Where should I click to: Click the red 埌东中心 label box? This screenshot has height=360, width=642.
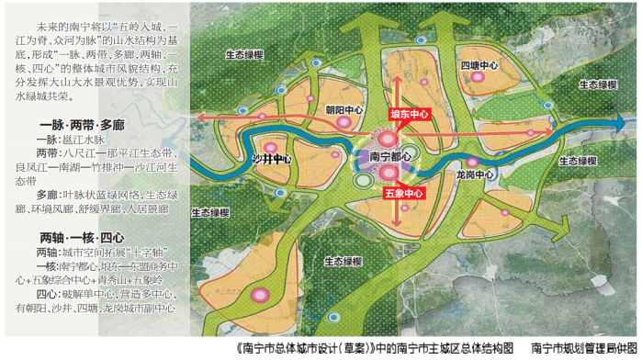pyautogui.click(x=410, y=115)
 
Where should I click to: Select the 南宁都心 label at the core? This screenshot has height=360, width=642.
pyautogui.click(x=389, y=157)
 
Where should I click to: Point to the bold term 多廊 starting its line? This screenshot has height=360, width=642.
pyautogui.click(x=48, y=195)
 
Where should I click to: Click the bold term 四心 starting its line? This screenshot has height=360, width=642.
pyautogui.click(x=48, y=295)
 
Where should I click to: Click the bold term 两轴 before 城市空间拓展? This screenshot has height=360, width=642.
pyautogui.click(x=48, y=252)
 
